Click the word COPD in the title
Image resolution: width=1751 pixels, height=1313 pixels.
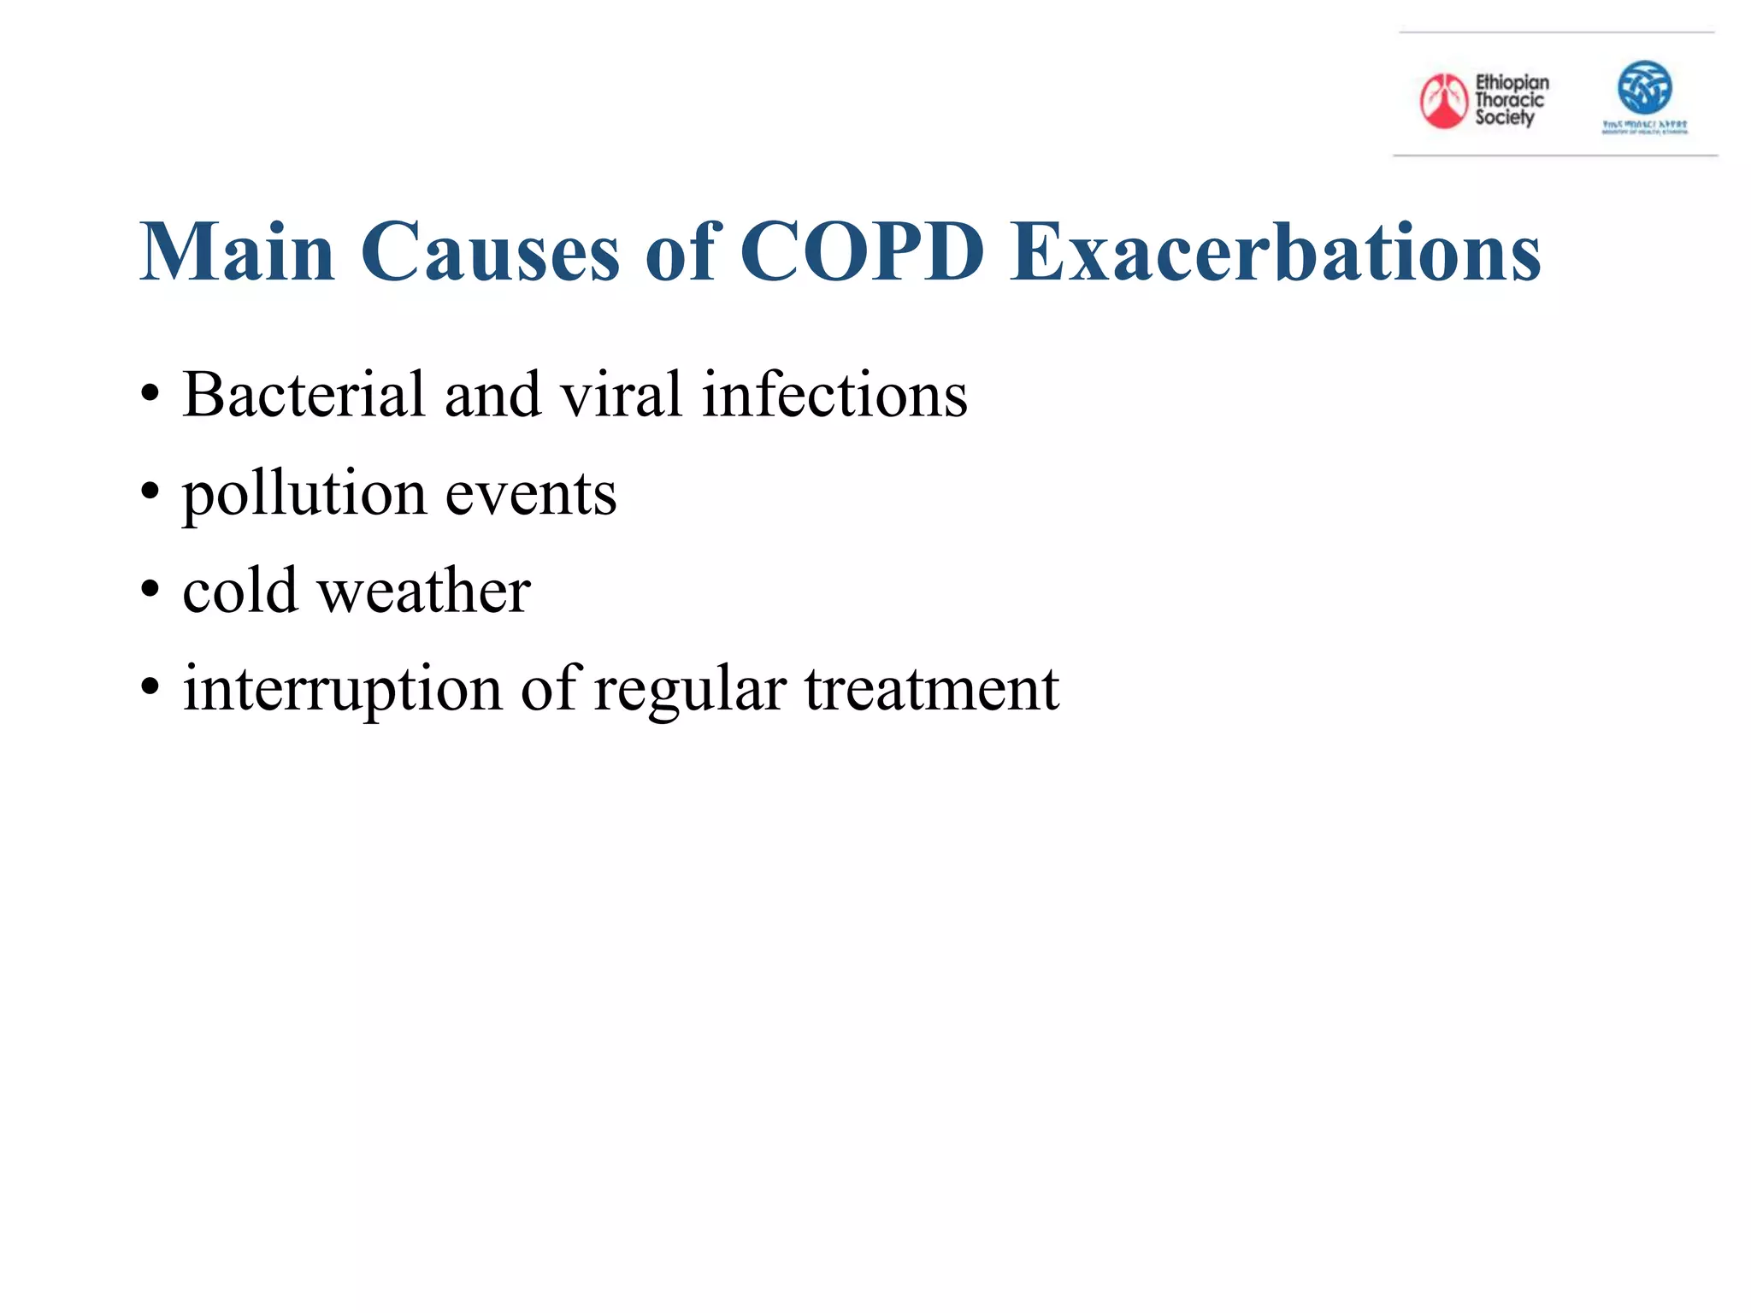pos(862,252)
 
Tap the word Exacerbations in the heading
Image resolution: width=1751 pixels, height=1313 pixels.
pos(1276,252)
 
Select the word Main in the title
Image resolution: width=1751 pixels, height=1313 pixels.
pos(237,252)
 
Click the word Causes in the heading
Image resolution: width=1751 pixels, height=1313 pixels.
pos(489,252)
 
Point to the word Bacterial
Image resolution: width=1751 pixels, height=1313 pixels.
pos(304,395)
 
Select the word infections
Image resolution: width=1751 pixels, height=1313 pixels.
pos(834,395)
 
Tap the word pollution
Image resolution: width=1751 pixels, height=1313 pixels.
pos(304,494)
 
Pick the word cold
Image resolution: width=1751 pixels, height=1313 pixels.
pos(239,591)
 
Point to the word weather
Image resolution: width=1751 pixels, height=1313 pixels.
pos(424,591)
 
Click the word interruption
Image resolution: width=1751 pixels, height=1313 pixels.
pos(342,689)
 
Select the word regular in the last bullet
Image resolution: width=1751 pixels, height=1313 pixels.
pos(689,689)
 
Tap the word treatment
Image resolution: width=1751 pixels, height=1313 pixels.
pos(931,689)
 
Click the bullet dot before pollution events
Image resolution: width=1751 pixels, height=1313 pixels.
pos(150,493)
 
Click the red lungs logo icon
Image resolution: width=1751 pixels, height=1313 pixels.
pos(1443,101)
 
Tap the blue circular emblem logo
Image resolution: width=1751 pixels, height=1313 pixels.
pos(1644,87)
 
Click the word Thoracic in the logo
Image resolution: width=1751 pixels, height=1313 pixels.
pos(1509,100)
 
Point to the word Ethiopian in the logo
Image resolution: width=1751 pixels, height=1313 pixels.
pos(1512,82)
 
